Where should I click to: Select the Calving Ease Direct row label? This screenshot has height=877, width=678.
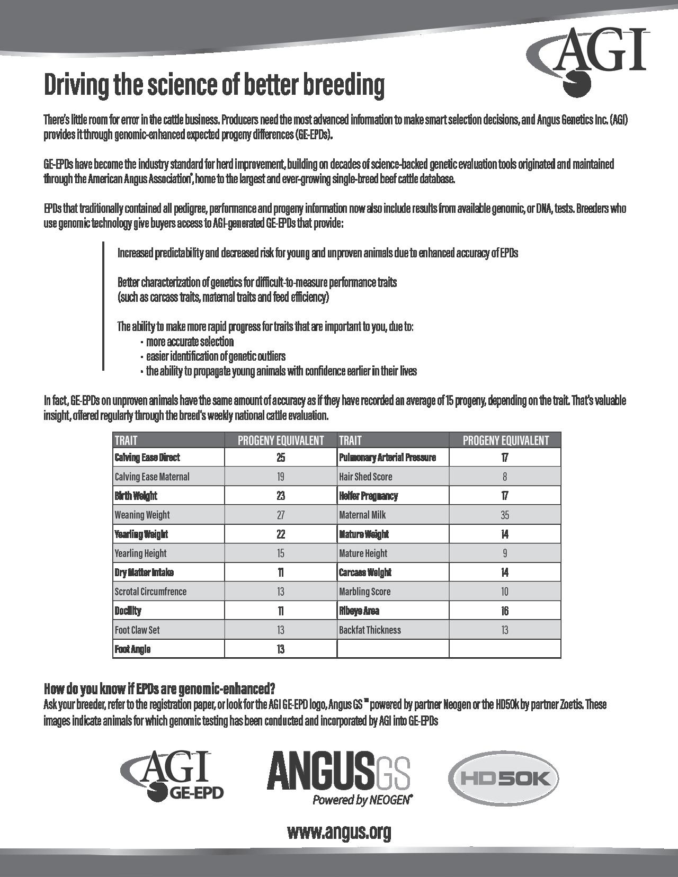(147, 458)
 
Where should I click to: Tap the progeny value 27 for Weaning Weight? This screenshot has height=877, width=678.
(281, 515)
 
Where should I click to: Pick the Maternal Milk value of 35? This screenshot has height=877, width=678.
(504, 515)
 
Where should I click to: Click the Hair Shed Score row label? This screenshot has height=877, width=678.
(365, 477)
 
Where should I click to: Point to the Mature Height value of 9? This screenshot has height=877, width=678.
(504, 553)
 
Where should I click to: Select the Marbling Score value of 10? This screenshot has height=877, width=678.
(504, 592)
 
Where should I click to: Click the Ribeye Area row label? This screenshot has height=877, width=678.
(359, 611)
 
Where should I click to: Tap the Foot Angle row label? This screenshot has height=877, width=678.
(132, 649)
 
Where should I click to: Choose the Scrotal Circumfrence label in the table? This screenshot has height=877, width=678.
(150, 592)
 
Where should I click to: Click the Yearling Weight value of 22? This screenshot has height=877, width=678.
(281, 534)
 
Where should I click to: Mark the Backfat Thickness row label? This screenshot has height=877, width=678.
(370, 630)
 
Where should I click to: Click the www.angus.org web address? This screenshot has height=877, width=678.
(339, 831)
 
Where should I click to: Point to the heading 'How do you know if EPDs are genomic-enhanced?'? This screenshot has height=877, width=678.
(159, 689)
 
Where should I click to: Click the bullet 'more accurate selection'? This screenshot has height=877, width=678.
(190, 342)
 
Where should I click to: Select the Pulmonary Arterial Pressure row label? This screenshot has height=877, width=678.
(387, 458)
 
